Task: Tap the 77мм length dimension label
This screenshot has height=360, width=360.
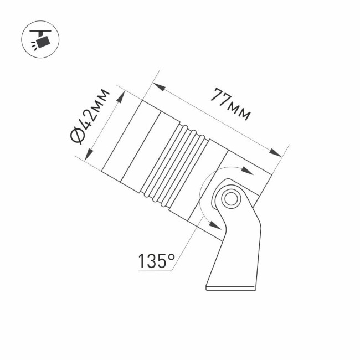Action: pos(229,104)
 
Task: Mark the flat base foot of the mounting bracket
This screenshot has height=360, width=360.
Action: pos(232,286)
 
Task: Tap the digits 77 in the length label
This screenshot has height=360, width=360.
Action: pos(219,99)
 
